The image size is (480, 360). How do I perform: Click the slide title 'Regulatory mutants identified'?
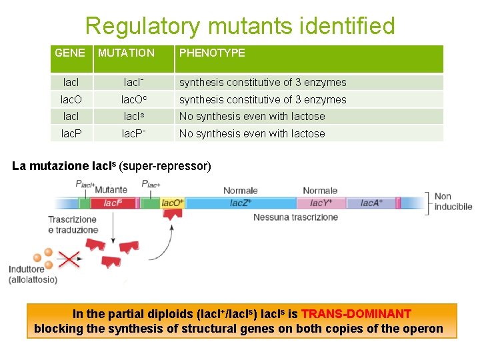click(x=240, y=26)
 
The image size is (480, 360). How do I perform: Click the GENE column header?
click(x=70, y=53)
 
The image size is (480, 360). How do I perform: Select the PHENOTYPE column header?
click(x=212, y=53)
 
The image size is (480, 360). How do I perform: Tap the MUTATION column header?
click(x=126, y=53)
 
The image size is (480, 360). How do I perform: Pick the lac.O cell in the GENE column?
click(x=71, y=100)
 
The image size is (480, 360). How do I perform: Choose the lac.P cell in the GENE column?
click(x=71, y=133)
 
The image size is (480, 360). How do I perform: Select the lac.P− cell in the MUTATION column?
click(x=134, y=133)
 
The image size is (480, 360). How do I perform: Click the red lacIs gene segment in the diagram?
click(x=113, y=203)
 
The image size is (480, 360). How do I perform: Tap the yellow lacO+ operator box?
click(x=173, y=203)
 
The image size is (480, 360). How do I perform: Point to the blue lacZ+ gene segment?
click(x=240, y=203)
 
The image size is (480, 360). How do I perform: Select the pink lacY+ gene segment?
click(x=321, y=203)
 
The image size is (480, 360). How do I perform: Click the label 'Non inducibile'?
click(x=453, y=201)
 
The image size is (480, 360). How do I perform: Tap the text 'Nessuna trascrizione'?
click(x=295, y=217)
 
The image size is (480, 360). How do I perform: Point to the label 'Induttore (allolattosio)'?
click(x=33, y=275)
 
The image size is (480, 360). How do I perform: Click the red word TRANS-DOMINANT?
click(x=356, y=314)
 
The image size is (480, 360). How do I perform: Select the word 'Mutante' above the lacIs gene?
click(x=111, y=190)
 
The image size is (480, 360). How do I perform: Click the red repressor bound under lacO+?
click(x=173, y=215)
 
